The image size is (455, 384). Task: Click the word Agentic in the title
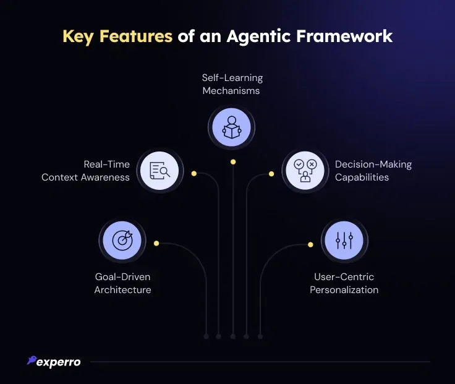click(258, 37)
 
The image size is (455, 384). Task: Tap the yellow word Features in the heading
click(136, 36)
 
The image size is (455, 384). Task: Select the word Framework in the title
click(344, 36)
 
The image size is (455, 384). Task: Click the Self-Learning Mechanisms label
click(232, 84)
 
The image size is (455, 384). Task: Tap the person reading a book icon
click(232, 127)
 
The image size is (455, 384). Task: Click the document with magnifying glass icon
click(160, 171)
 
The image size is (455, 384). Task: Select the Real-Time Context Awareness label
click(85, 171)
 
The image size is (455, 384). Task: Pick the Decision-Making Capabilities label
click(373, 171)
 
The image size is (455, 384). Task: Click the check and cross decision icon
click(305, 171)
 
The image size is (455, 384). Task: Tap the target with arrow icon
click(122, 241)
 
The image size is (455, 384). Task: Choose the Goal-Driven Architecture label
click(123, 283)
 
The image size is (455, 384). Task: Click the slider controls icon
click(344, 241)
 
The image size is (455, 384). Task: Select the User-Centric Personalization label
click(344, 283)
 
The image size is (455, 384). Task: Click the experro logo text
click(58, 362)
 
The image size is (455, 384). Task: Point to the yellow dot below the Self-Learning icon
click(233, 162)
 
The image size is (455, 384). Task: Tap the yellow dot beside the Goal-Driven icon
click(156, 243)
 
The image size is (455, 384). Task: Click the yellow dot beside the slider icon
click(310, 245)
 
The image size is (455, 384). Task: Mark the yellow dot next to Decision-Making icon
click(271, 174)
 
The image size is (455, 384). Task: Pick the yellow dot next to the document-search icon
click(194, 174)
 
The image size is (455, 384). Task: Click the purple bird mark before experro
click(32, 360)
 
